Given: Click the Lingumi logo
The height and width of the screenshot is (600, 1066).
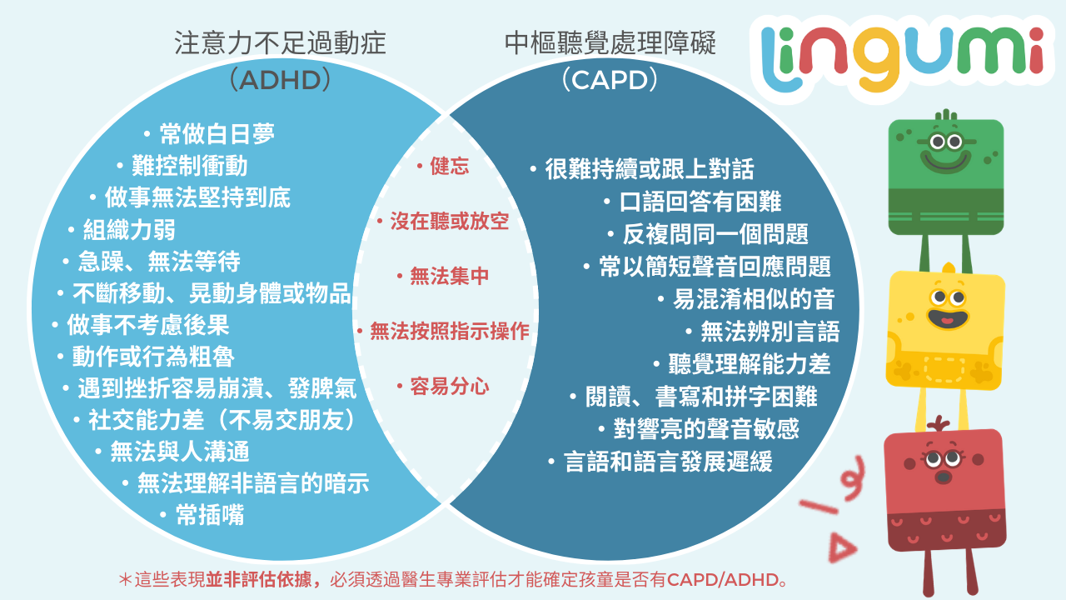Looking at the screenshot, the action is [902, 57].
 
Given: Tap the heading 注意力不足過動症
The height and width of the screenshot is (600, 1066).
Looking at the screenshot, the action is [280, 43].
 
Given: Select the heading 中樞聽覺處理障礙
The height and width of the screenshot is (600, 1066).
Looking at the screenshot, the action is [610, 43].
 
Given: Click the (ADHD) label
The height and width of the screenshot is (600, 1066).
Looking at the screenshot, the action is [280, 80].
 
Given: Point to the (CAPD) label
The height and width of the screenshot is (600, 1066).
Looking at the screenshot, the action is [610, 80].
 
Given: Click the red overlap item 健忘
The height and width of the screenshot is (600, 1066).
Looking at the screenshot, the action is [449, 166].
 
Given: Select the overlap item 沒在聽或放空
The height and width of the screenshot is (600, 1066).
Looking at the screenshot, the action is [449, 222].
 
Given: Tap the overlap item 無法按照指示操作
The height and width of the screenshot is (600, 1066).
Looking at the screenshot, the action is [449, 331].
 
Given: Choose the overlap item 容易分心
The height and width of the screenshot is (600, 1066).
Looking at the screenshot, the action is [449, 386].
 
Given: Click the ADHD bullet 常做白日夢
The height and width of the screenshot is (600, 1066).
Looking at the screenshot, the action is [217, 134].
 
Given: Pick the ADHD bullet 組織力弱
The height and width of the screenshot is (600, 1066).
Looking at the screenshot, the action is [129, 230].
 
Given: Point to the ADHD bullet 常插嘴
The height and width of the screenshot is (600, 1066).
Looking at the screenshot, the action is [210, 515].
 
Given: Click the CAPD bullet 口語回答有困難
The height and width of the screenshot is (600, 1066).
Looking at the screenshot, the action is [700, 202].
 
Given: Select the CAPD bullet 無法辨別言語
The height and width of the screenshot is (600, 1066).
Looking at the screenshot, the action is [770, 332].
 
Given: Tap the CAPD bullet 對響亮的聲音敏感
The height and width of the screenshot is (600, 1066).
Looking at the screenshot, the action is [705, 429].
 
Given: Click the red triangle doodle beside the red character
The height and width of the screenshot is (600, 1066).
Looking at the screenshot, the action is [841, 548].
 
